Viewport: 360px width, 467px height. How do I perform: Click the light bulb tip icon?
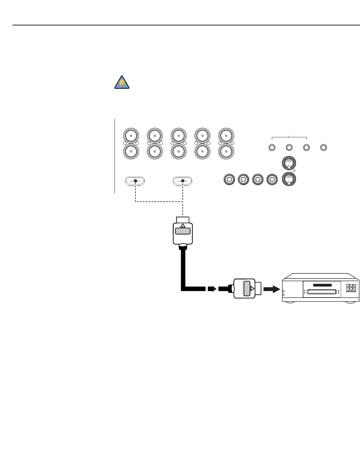122,82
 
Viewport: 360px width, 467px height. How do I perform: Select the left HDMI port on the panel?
135,181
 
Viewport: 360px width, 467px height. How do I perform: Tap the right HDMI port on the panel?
183,181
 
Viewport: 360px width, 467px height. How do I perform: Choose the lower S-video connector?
289,179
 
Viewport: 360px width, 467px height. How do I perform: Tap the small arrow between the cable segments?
211,288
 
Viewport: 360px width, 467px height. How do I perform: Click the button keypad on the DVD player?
351,288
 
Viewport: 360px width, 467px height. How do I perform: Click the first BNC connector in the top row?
131,136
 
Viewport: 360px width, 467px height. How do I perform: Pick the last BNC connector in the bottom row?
226,151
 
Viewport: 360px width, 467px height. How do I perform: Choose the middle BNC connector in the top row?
179,136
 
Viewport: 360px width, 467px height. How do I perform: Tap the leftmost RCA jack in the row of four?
229,179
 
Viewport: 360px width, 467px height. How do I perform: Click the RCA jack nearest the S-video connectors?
272,179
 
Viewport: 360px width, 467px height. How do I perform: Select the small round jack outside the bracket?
324,148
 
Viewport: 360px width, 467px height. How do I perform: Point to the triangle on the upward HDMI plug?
183,225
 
